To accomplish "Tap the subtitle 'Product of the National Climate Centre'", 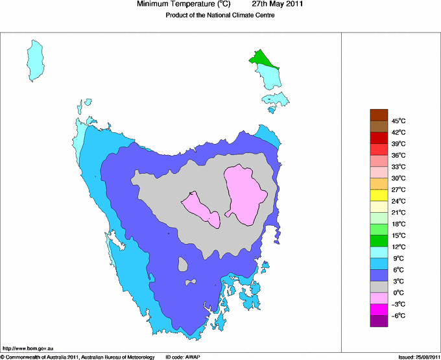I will [x=220, y=16].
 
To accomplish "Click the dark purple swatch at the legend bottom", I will [x=379, y=320].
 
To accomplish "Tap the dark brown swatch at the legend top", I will [x=379, y=115].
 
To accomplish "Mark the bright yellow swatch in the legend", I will [x=379, y=195].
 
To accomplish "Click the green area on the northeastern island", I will [x=263, y=60].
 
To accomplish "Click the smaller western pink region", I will [x=201, y=209].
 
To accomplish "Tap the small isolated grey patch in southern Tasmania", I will [x=183, y=264].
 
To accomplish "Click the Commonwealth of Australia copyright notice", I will [x=77, y=357].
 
